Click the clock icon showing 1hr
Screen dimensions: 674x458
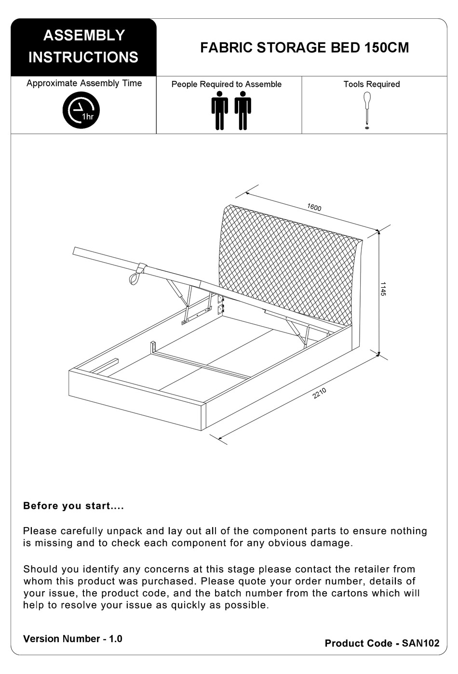[81, 110]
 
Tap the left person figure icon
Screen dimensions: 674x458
[219, 110]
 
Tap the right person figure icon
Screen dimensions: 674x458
[242, 110]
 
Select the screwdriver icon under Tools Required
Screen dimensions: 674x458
[367, 109]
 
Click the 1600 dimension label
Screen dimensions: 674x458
[314, 207]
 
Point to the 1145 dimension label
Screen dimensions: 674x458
[383, 289]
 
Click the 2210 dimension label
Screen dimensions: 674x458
[320, 393]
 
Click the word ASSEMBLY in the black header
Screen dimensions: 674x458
[84, 35]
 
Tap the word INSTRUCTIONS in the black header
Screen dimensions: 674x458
[83, 57]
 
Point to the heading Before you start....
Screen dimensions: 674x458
[74, 506]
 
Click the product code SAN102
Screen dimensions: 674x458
[420, 643]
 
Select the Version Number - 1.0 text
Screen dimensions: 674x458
[73, 639]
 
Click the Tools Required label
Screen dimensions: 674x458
[371, 84]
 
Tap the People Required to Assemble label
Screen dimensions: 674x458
[227, 84]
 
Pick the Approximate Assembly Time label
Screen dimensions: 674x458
[84, 83]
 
